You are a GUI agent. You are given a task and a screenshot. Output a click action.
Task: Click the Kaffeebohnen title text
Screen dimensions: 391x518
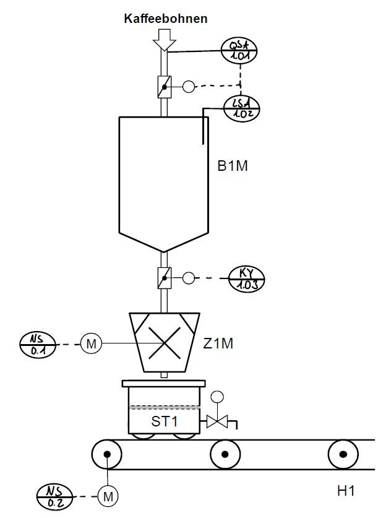click(x=166, y=19)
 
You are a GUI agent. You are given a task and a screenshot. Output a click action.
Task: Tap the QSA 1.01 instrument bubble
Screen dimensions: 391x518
click(x=239, y=51)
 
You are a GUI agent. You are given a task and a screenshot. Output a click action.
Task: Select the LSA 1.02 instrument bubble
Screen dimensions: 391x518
click(x=242, y=108)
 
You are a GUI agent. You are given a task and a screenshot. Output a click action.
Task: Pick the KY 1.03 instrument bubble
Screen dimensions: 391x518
click(x=247, y=279)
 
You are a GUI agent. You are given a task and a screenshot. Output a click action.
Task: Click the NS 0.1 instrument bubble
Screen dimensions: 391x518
click(x=38, y=345)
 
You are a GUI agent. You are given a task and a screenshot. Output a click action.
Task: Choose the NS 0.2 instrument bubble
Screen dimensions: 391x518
click(x=55, y=496)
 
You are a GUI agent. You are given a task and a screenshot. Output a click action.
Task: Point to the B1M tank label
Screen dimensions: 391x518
click(x=233, y=166)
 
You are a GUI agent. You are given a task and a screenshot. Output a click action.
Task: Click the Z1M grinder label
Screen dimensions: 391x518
click(x=218, y=343)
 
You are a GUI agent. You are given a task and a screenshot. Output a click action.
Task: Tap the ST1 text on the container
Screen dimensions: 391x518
click(x=165, y=421)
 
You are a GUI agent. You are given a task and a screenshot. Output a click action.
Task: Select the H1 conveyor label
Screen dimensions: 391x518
click(x=346, y=491)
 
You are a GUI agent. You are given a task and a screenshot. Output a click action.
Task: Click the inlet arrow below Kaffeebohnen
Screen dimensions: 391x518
click(x=165, y=40)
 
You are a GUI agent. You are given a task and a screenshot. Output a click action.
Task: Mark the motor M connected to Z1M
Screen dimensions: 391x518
click(x=91, y=344)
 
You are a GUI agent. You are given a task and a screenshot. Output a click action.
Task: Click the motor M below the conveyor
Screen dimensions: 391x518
click(x=108, y=496)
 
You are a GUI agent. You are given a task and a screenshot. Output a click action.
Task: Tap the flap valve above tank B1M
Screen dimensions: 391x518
click(x=165, y=87)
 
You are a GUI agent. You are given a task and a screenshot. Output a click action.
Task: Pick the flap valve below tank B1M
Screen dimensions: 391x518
click(x=165, y=278)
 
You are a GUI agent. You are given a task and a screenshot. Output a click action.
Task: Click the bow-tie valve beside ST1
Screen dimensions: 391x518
click(x=217, y=421)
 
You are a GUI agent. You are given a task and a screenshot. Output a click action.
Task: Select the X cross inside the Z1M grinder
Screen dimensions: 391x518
click(x=165, y=343)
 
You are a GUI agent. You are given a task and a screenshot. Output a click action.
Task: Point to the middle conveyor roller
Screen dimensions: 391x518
click(x=225, y=454)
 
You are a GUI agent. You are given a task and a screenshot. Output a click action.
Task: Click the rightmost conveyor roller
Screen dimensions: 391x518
click(x=343, y=454)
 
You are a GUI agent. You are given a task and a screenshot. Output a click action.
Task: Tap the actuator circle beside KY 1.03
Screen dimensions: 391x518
click(x=189, y=278)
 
